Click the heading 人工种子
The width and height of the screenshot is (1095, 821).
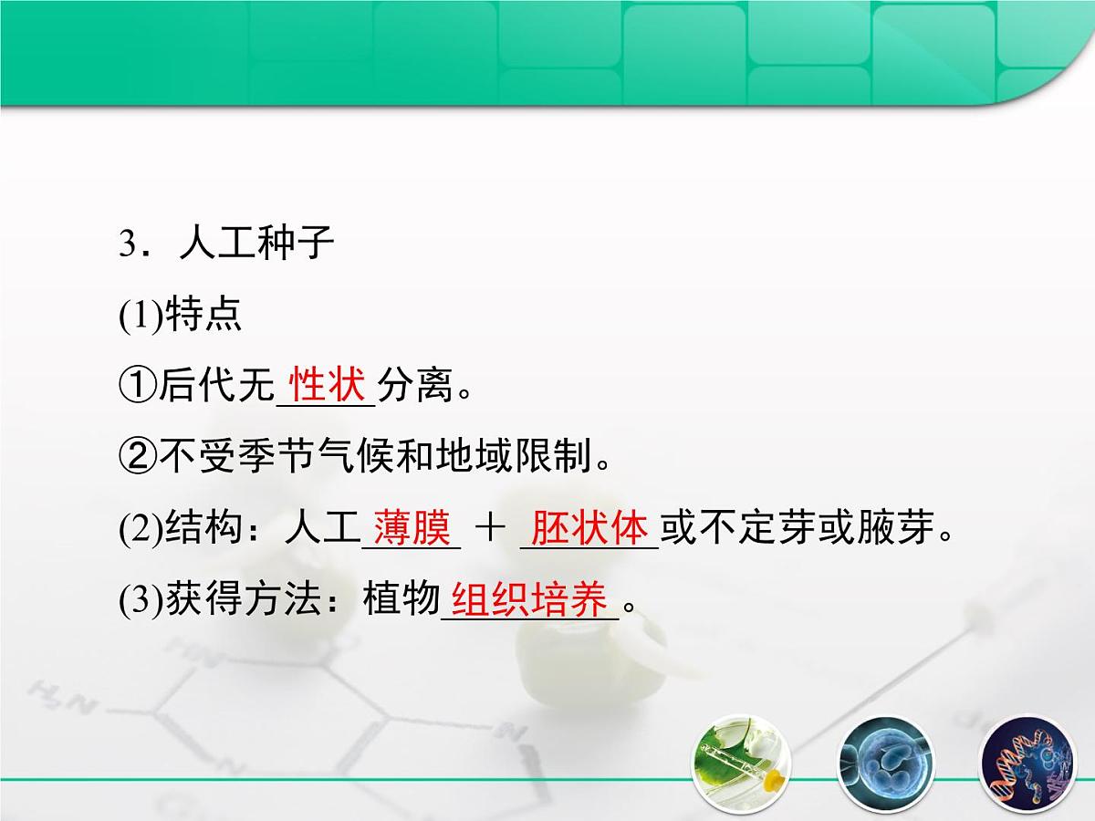tap(257, 244)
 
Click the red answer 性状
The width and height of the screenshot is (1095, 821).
tap(326, 385)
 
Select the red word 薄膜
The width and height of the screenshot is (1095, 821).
tap(412, 528)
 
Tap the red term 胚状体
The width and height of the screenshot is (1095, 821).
tap(589, 528)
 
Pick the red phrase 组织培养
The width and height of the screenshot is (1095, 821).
tap(529, 601)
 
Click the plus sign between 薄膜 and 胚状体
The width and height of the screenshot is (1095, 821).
tap(490, 529)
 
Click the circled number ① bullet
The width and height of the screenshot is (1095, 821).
tap(137, 387)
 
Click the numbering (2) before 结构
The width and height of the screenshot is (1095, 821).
tap(141, 530)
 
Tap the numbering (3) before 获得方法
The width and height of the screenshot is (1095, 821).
tap(141, 602)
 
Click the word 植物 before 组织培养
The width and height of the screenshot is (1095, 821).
tap(401, 602)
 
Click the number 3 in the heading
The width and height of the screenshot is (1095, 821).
tap(127, 245)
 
